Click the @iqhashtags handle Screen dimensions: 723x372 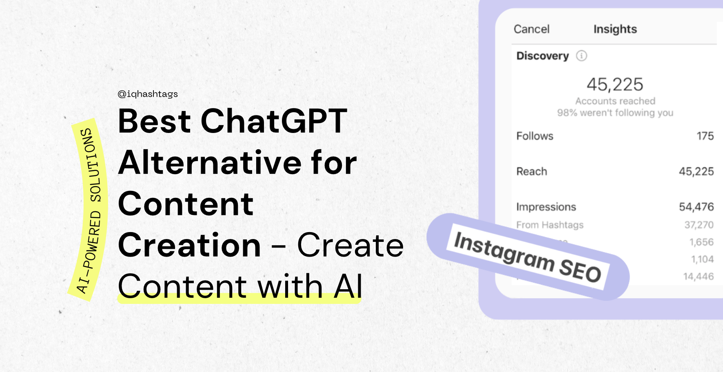coord(148,94)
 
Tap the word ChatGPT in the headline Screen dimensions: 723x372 coord(274,121)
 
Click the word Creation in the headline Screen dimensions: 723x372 coord(189,245)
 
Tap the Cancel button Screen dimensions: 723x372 coord(532,29)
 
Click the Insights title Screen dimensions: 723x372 coord(615,29)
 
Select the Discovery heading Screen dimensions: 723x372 coord(543,56)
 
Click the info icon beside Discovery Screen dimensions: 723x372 coord(581,56)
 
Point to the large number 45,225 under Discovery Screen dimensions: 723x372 coord(615,84)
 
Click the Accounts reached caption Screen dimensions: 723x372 coord(615,101)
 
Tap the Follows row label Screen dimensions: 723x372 coord(535,136)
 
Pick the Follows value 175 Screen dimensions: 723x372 coord(705,136)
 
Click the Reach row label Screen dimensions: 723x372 coord(532,171)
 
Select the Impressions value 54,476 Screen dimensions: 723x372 coord(696,207)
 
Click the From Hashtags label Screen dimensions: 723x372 coord(550,225)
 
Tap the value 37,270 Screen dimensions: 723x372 coord(699,225)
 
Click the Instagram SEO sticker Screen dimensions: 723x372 coord(528,257)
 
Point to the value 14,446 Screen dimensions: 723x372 coord(699,277)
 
